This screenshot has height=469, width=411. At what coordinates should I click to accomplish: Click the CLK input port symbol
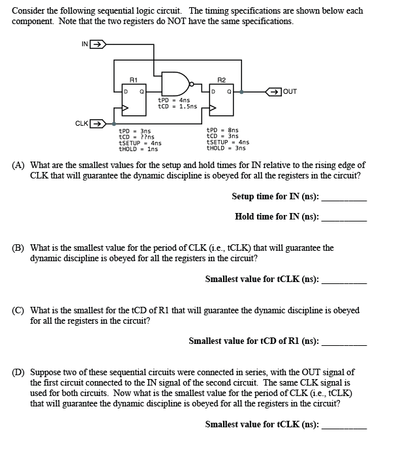pos(96,122)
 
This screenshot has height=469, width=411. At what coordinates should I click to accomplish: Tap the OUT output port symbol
pos(269,92)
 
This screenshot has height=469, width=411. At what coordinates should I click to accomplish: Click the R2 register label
pos(221,81)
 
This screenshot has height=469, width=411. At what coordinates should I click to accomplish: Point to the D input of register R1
pos(126,92)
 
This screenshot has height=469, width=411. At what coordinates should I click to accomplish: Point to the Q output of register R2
pos(229,92)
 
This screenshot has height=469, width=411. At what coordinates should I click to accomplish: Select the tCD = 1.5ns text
pos(177,106)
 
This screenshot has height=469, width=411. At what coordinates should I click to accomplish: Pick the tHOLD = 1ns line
pos(138,149)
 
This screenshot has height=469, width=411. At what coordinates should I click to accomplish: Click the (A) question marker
pos(19,165)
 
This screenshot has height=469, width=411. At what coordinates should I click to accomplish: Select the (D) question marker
pos(19,373)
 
